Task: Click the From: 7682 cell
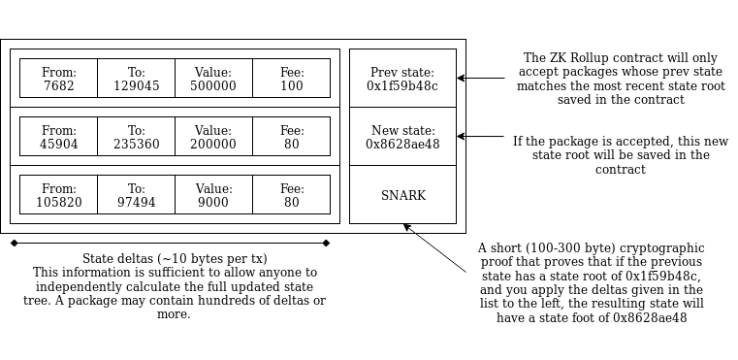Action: coord(58,79)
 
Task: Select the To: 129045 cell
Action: coord(136,79)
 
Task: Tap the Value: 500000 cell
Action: coord(213,79)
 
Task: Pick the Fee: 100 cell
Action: coord(291,79)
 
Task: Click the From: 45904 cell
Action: coord(58,136)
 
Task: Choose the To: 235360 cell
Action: coord(136,136)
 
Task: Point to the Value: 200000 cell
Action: coord(213,136)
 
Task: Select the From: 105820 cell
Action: coord(58,195)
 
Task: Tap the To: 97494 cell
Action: coord(136,195)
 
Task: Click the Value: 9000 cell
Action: coord(213,195)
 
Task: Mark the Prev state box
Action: coord(402,79)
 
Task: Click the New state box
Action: coord(402,136)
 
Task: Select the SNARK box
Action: coord(402,195)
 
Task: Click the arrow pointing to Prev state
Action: coord(481,79)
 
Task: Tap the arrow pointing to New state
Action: coord(481,136)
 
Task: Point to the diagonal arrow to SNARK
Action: coord(434,247)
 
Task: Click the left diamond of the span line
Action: coord(15,244)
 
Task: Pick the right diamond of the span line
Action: coord(326,244)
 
